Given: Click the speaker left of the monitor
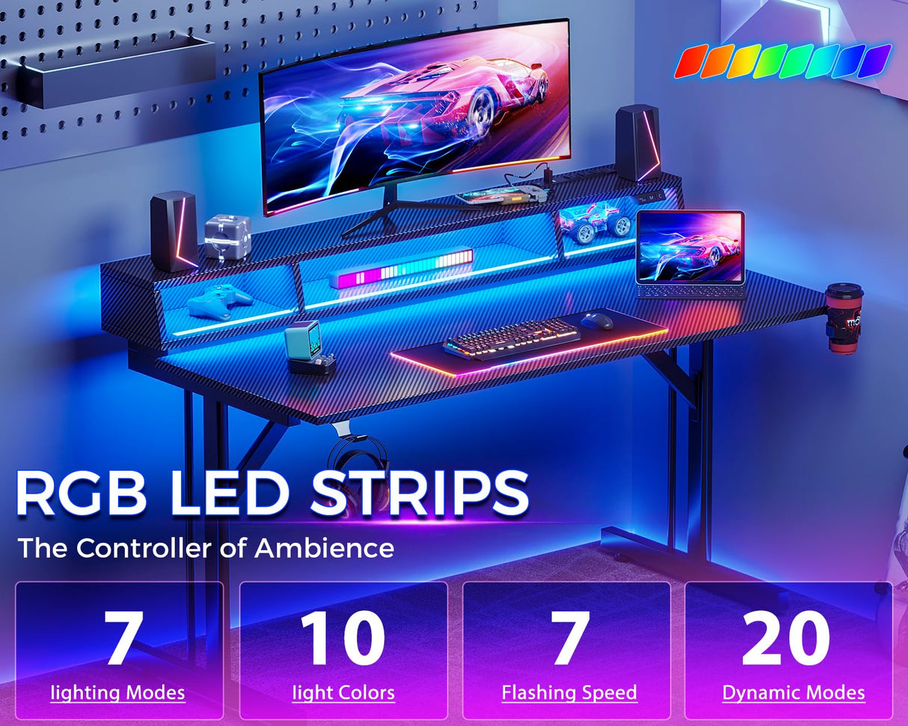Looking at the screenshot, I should [174, 230].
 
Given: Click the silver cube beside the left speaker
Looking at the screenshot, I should [227, 236].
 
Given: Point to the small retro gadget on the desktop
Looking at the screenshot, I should [307, 345].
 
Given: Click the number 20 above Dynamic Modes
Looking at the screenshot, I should [786, 638].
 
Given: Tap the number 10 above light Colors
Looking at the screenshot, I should [343, 638].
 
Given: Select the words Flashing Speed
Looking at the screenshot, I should [569, 692].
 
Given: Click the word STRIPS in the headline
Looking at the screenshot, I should [420, 494].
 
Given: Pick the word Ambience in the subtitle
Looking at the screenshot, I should [324, 548].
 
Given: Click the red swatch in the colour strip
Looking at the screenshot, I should [691, 61].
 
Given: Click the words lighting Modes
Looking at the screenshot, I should [117, 692].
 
